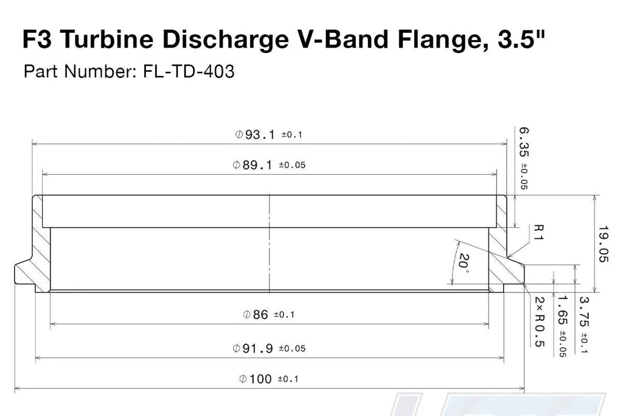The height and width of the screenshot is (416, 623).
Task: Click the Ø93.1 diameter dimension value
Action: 255,135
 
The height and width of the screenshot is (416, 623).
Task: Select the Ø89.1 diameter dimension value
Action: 252,164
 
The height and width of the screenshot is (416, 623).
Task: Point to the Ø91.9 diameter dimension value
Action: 252,348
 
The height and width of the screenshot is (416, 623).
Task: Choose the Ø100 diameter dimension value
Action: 256,379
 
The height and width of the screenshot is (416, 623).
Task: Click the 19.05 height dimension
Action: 603,244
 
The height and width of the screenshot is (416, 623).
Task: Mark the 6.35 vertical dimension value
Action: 524,142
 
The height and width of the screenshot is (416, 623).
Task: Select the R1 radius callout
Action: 538,232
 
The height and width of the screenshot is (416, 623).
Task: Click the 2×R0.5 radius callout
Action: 539,322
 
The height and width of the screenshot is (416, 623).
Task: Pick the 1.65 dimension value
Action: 562,310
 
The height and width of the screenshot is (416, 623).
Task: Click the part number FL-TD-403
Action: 189,72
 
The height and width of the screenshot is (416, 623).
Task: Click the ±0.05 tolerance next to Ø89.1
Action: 292,165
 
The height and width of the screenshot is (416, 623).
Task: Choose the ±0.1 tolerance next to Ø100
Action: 288,379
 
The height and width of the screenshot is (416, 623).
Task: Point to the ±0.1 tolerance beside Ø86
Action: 284,315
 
